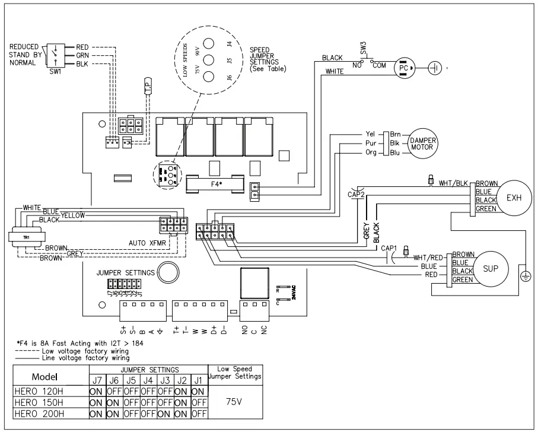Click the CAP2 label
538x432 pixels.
coord(355,193)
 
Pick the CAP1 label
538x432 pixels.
coord(389,247)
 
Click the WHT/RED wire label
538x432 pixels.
coord(429,257)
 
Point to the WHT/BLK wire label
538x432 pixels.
coord(454,183)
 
